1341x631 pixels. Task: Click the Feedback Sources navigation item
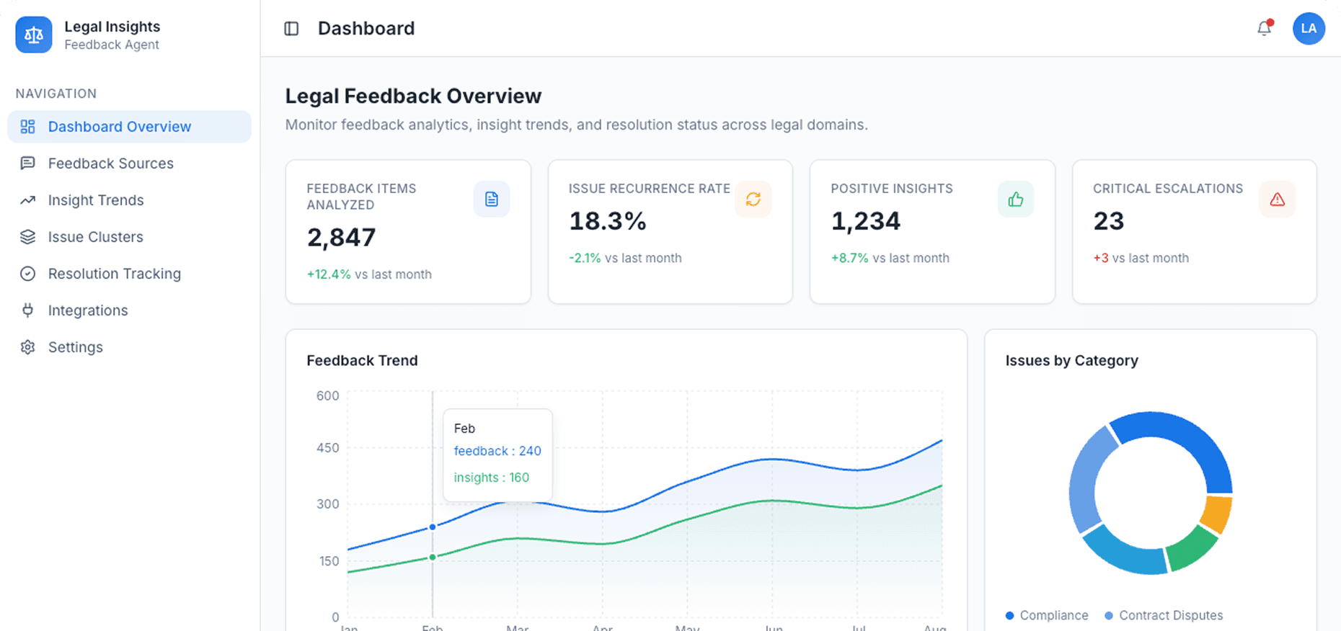[110, 164]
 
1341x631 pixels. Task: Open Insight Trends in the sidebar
[95, 200]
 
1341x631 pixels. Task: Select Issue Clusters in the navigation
[95, 237]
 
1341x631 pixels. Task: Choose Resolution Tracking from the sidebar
[114, 274]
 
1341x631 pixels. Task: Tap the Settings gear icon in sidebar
[28, 347]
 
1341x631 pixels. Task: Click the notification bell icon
[1264, 28]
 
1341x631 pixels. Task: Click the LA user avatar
[1309, 29]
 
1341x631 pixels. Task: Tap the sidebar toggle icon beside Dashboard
[291, 29]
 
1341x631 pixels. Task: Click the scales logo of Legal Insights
[34, 35]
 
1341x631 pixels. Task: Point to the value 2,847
[341, 238]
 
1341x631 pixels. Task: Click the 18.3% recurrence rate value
[607, 221]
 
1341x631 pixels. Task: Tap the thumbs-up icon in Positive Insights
[1015, 200]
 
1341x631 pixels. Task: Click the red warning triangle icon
[1277, 200]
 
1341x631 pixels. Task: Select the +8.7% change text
[849, 258]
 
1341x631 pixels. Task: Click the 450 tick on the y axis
[327, 448]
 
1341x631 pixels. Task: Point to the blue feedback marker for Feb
[433, 527]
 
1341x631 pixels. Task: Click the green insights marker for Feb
[433, 557]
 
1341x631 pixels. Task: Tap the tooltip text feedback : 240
[497, 451]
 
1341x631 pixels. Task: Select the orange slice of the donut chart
[1216, 514]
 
